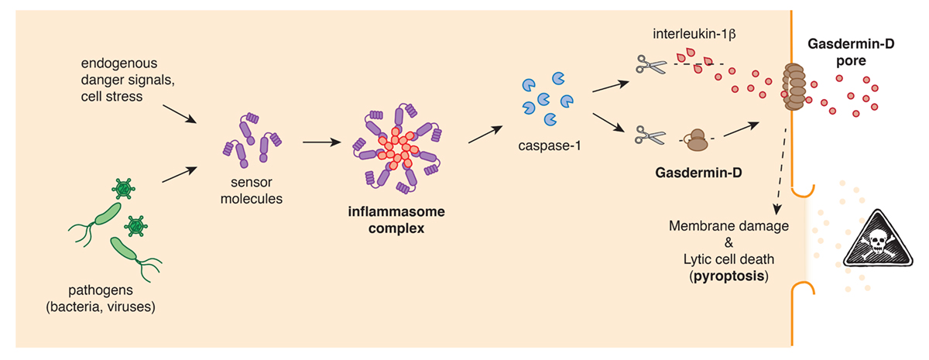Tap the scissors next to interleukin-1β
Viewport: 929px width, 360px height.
[651, 63]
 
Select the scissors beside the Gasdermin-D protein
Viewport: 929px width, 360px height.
[651, 136]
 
